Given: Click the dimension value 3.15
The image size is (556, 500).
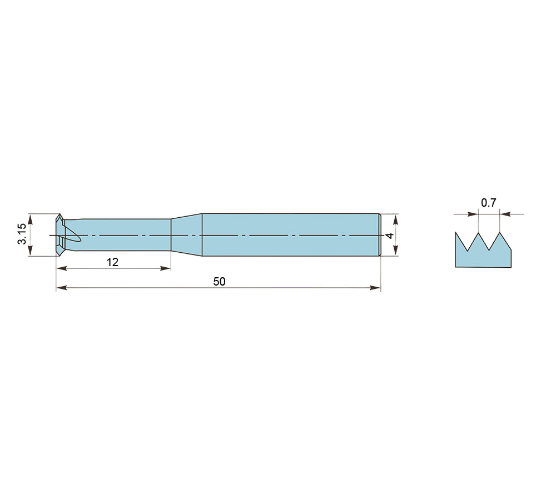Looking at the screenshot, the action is click(22, 234).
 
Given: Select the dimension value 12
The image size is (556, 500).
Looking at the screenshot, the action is click(112, 262).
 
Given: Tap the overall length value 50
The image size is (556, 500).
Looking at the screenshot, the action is click(219, 281).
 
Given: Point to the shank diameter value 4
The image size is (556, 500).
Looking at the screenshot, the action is click(390, 236).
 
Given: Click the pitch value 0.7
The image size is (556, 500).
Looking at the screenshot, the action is click(488, 203).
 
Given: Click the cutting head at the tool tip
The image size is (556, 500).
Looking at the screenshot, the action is click(60, 234).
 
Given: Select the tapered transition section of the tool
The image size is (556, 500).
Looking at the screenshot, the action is click(186, 234).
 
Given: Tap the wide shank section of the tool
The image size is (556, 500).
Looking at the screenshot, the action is click(291, 234).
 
